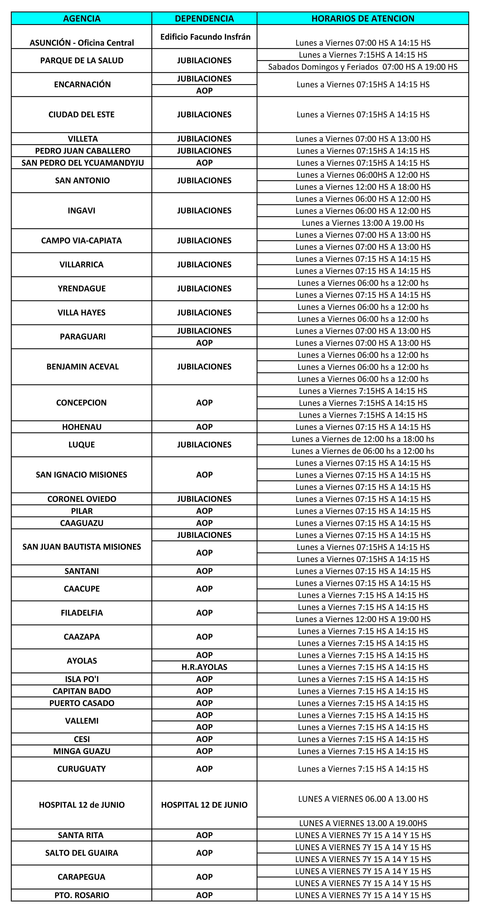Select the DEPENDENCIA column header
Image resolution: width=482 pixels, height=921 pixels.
[x=204, y=19]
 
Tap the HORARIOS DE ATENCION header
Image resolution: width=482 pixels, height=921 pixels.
[x=363, y=19]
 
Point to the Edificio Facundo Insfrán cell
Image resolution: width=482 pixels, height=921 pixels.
[x=205, y=37]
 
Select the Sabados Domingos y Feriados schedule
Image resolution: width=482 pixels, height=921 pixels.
[x=363, y=67]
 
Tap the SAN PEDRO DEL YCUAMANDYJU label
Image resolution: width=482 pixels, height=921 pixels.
[x=83, y=163]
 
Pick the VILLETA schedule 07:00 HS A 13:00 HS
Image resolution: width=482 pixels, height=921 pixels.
[x=363, y=139]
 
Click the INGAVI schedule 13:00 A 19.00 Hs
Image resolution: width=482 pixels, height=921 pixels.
[x=363, y=223]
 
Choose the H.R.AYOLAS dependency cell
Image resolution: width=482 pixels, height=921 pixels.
[x=204, y=667]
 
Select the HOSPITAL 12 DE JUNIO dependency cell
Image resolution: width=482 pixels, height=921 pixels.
[x=204, y=805]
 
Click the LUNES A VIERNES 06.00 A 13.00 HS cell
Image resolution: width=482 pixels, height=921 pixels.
[x=363, y=799]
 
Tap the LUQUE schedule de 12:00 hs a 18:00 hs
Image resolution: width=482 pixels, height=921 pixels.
[x=363, y=439]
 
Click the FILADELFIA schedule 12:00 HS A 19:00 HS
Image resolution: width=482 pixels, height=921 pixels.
[x=363, y=619]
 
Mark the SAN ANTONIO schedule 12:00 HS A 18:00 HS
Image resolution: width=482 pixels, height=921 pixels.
[x=363, y=187]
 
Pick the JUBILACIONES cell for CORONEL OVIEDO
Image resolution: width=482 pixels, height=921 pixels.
[x=204, y=499]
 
